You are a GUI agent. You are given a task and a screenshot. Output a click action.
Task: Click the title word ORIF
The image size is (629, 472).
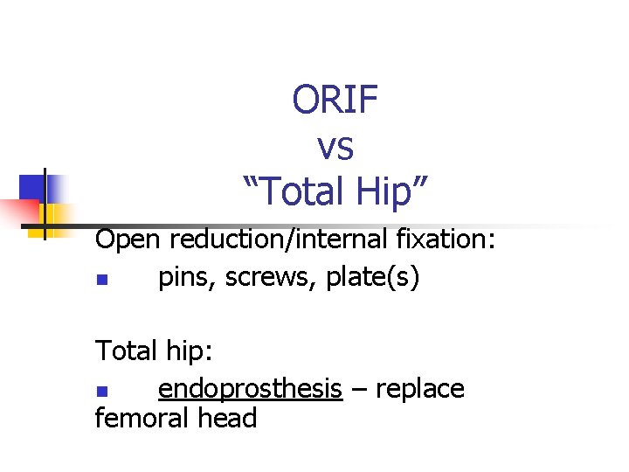click(335, 101)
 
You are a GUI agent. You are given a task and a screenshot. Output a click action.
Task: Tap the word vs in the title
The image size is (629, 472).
click(335, 148)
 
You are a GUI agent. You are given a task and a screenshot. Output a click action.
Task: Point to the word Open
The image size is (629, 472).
click(129, 239)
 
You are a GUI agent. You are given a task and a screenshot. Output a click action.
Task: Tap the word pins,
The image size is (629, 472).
click(188, 279)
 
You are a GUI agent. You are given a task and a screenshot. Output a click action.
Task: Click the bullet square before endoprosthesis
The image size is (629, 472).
click(101, 391)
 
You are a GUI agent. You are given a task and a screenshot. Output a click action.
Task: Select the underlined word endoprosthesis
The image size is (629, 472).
click(250, 389)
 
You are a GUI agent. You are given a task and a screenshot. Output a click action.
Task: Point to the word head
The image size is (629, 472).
click(227, 419)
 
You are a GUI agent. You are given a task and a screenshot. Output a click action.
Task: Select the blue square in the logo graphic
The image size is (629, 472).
click(32, 187)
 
